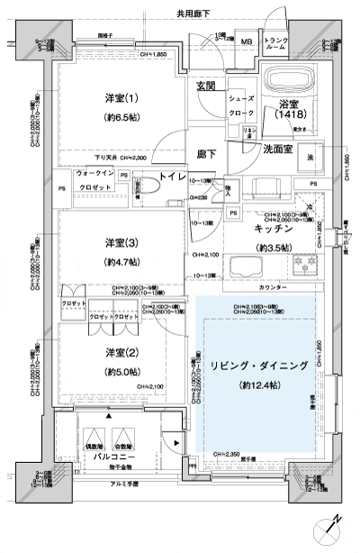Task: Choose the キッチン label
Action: coord(269,231)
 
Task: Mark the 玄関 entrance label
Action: coord(206,86)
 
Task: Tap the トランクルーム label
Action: coord(275,42)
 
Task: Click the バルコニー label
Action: coord(107,457)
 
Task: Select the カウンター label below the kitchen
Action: coord(272,287)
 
